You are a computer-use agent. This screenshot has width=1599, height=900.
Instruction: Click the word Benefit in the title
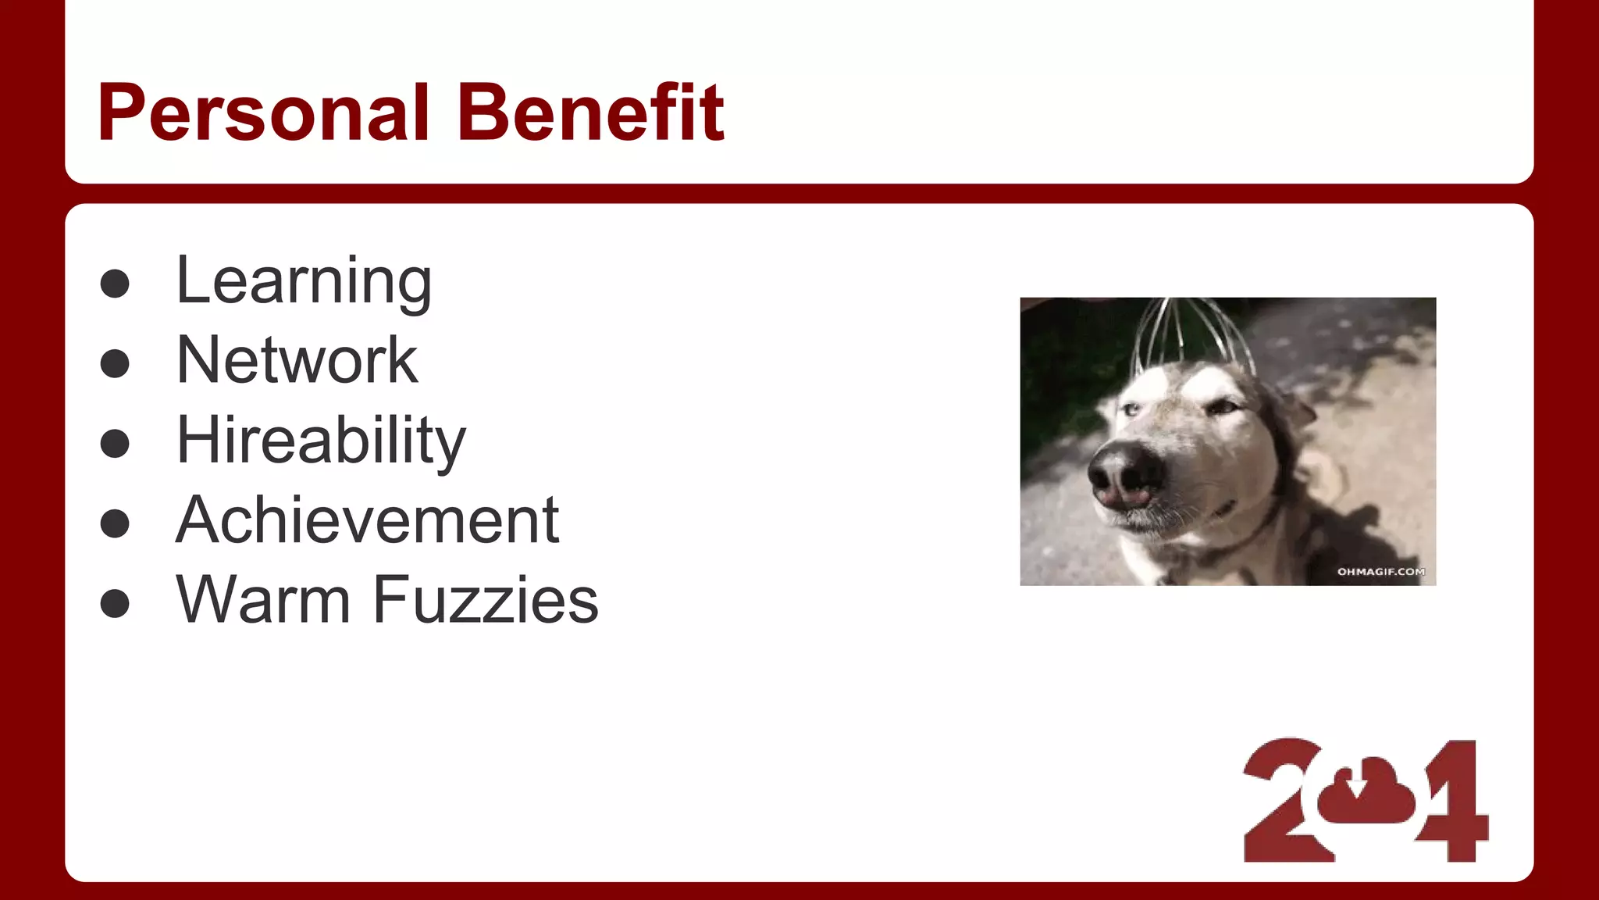pyautogui.click(x=591, y=113)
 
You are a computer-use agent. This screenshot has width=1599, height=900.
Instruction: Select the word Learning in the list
pyautogui.click(x=304, y=282)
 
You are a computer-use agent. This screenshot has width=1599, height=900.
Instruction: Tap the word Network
pyautogui.click(x=297, y=360)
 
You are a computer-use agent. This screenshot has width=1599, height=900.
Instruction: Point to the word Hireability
pyautogui.click(x=321, y=441)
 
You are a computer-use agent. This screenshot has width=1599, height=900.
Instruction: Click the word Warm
pyautogui.click(x=264, y=600)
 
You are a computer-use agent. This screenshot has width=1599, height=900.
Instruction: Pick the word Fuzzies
pyautogui.click(x=486, y=600)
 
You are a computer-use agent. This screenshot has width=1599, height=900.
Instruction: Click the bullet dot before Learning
pyautogui.click(x=115, y=284)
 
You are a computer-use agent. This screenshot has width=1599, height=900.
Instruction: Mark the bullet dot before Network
pyautogui.click(x=115, y=363)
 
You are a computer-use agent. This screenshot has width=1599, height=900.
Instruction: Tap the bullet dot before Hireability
pyautogui.click(x=115, y=443)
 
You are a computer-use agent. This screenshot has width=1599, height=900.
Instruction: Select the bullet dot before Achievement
pyautogui.click(x=115, y=523)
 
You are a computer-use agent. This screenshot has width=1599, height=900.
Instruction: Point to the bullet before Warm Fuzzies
pyautogui.click(x=115, y=603)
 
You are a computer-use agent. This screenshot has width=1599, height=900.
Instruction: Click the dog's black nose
pyautogui.click(x=1124, y=473)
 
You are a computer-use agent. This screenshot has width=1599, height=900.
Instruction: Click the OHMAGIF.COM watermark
pyautogui.click(x=1380, y=572)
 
